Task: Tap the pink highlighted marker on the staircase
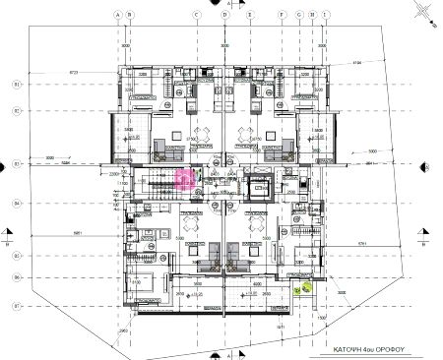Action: tap(184, 177)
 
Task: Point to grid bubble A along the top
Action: tap(117, 16)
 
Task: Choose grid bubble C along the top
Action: tap(196, 16)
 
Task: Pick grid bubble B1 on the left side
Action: tap(16, 85)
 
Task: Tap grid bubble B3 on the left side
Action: tap(16, 163)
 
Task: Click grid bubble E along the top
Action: tap(251, 16)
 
